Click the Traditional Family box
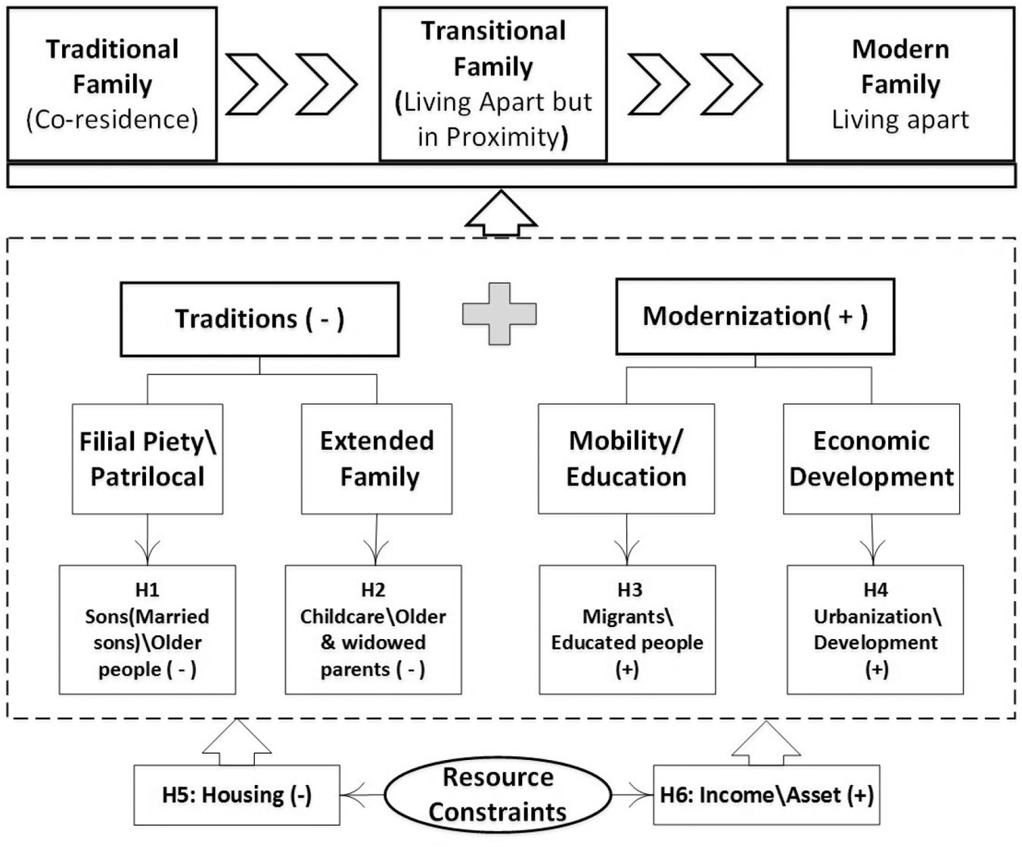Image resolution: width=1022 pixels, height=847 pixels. tap(112, 84)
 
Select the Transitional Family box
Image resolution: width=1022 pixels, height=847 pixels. tap(493, 84)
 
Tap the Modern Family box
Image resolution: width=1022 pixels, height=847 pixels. tap(901, 84)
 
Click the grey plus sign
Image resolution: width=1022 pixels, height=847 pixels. tap(499, 314)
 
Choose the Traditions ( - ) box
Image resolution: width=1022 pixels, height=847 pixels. tap(259, 319)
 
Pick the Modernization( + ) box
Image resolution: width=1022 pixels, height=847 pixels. tap(755, 317)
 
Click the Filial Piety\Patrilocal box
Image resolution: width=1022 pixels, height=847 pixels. tap(148, 459)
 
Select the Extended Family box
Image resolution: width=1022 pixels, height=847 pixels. tap(377, 459)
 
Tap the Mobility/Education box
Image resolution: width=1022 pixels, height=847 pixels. tap(626, 459)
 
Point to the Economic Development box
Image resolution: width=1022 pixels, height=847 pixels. tap(871, 459)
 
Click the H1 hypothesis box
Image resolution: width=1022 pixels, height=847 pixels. tap(148, 630)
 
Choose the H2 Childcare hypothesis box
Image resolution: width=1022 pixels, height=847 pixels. tap(374, 630)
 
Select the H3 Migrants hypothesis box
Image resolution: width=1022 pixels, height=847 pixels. tap(627, 630)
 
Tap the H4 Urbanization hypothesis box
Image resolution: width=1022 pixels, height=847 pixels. tap(875, 630)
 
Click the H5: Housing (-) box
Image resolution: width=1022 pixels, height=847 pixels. tap(237, 795)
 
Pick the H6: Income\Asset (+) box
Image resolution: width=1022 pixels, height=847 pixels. tap(766, 795)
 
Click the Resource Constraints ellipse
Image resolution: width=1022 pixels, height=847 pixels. tap(499, 795)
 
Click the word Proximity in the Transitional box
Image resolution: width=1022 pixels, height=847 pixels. tap(503, 138)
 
